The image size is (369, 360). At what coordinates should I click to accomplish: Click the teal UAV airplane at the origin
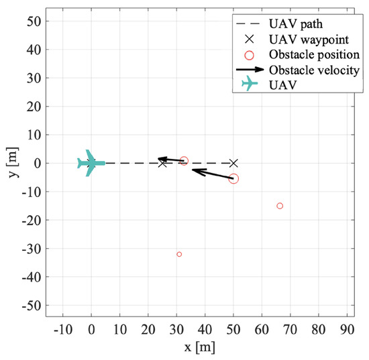coord(90,163)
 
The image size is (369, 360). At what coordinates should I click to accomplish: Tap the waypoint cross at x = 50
coord(233,163)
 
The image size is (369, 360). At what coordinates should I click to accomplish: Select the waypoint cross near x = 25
coord(162,163)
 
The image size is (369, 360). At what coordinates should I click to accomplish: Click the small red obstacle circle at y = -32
coord(179,254)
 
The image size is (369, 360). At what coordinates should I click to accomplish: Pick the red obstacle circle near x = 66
coord(280,206)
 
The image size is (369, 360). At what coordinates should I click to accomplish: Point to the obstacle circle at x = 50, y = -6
coord(233,178)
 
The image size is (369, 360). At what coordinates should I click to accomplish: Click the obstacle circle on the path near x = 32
coord(184,161)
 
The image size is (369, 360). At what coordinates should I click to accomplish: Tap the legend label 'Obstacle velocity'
coord(307,69)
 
